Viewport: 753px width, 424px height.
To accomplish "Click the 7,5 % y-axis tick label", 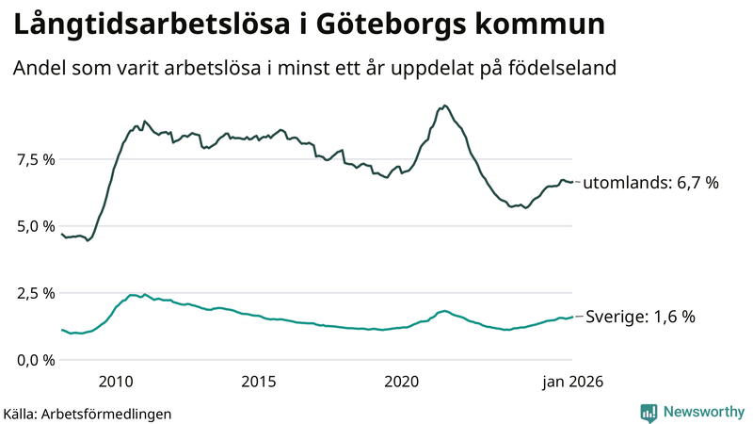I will pos(35,159).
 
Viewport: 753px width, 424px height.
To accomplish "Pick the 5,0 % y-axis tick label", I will pos(35,226).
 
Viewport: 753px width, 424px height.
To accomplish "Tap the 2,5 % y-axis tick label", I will pos(35,293).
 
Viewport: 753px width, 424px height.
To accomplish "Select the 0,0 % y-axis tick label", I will pos(35,360).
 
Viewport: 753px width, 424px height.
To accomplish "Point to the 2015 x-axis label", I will pos(259,382).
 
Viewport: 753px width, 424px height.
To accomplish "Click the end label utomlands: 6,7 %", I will pos(650,183).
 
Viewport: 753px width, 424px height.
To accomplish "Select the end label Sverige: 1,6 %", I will pos(641,318).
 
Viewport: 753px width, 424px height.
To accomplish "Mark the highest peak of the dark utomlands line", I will pos(444,106).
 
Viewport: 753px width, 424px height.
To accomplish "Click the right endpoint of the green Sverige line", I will pos(572,317).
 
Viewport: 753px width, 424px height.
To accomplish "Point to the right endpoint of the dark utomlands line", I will pos(572,182).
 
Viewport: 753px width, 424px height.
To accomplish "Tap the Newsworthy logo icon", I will pos(649,412).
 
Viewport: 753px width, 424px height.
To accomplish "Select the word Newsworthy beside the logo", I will pos(703,412).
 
